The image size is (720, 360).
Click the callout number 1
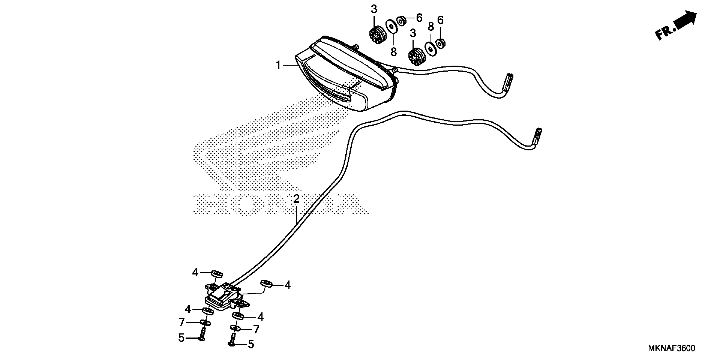[x=278, y=65]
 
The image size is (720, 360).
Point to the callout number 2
[x=296, y=199]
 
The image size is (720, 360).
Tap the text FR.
[x=665, y=33]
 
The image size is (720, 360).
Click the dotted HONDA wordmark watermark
[x=280, y=204]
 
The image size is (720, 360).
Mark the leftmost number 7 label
[x=182, y=323]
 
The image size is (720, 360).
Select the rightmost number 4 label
[x=287, y=285]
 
